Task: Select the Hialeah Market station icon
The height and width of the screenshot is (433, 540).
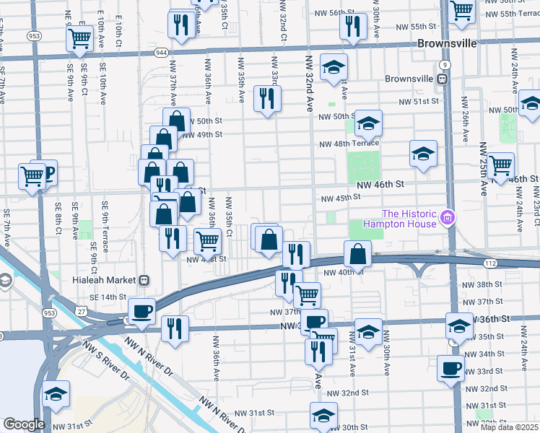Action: (144, 280)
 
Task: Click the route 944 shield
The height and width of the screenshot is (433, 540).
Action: (162, 53)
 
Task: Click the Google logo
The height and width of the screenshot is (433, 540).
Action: (24, 424)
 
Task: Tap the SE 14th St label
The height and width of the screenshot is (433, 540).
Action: (108, 297)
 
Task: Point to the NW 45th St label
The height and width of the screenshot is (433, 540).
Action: (340, 198)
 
